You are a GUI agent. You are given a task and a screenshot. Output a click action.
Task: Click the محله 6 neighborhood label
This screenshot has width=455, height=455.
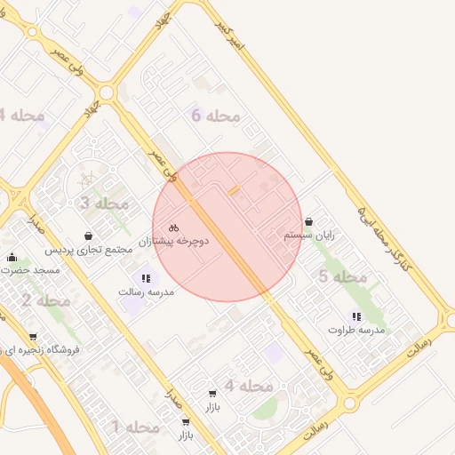[216, 116]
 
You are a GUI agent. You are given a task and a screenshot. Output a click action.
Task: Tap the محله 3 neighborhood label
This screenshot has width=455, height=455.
[104, 204]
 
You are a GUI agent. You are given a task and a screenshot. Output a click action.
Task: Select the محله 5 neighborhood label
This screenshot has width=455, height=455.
[342, 276]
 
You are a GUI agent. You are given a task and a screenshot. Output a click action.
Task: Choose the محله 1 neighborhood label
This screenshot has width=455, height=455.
[135, 427]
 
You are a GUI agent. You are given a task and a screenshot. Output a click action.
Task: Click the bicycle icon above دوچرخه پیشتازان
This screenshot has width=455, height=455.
[174, 227]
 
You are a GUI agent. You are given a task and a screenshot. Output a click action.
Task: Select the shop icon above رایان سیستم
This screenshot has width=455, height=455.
[308, 222]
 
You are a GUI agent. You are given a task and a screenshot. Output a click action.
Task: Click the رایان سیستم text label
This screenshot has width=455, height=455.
[309, 235]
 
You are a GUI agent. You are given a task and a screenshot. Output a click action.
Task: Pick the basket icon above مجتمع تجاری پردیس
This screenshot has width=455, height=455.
[89, 236]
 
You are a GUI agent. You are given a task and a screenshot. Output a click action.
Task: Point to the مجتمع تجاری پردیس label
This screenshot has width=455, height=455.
[89, 251]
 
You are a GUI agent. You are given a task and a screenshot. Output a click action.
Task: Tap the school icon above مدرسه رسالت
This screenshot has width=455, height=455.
[146, 278]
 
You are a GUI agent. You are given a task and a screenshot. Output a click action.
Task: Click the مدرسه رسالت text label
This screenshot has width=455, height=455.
[146, 291]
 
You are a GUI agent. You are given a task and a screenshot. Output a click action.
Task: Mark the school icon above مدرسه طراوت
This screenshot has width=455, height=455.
[356, 315]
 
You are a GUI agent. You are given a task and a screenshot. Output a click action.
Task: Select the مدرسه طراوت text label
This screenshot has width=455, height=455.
[355, 329]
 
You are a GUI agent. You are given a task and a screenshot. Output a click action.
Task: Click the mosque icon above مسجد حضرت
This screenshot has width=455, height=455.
[12, 258]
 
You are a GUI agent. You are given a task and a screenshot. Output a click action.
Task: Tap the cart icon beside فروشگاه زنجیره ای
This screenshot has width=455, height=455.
[33, 337]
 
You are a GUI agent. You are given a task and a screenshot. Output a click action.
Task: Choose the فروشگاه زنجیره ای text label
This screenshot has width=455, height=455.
[39, 350]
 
